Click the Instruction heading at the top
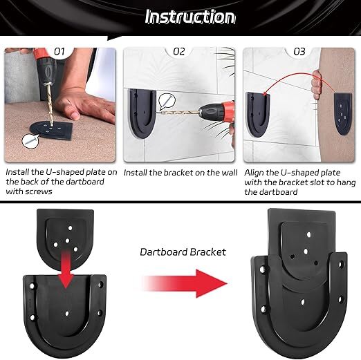[190, 17]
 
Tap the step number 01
[59, 51]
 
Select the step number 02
[179, 51]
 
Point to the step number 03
[299, 51]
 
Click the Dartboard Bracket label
[183, 252]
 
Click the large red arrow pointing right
[185, 283]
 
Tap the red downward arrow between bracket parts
[66, 269]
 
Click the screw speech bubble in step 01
[30, 140]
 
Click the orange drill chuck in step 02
[228, 112]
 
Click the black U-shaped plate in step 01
[51, 130]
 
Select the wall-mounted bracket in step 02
[142, 114]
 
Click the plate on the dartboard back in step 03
[343, 114]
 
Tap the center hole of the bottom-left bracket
[67, 314]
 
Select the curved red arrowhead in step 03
[266, 93]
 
